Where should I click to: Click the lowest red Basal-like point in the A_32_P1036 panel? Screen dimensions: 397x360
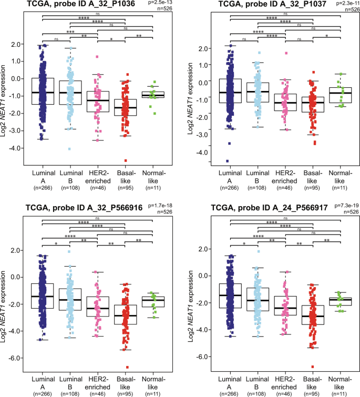[x=126, y=160]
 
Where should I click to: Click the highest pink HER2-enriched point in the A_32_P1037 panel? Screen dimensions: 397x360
[x=286, y=53]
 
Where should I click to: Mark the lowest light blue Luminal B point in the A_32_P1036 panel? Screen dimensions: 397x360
[x=69, y=149]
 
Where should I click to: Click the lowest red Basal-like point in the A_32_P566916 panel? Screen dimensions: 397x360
[x=126, y=367]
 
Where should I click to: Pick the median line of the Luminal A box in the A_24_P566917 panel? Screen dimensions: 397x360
[x=229, y=296]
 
